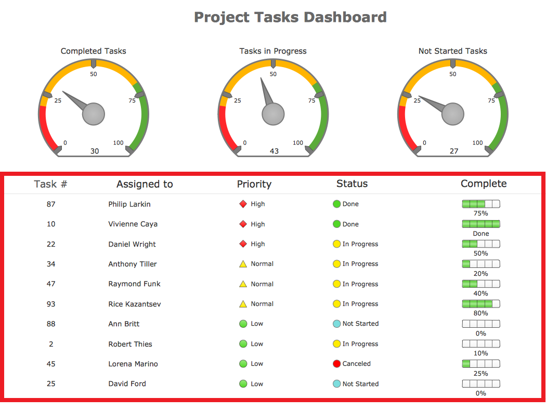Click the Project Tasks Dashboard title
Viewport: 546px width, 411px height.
[290, 17]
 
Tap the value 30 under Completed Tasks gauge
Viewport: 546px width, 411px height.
[95, 151]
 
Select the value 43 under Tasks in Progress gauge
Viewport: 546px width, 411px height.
[274, 151]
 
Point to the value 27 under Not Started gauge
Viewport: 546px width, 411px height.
[454, 151]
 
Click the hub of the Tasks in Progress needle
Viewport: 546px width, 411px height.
[273, 114]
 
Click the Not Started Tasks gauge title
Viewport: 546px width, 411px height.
[452, 51]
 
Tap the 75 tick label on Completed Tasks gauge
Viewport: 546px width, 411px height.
[132, 101]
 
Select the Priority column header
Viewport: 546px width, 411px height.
[254, 184]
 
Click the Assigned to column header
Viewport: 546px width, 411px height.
[145, 184]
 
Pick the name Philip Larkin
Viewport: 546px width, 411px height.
[129, 204]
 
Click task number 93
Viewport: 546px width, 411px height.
[51, 304]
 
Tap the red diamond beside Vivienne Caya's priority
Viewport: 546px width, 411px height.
[243, 224]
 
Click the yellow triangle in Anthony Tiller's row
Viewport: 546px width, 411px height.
[243, 264]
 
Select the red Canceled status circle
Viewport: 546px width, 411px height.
[336, 364]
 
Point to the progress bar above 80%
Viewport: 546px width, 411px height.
[481, 304]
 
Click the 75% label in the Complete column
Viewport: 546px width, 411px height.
[481, 213]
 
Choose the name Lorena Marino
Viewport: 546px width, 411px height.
[133, 364]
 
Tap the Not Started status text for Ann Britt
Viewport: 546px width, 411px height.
[360, 324]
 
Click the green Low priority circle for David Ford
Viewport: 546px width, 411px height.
[243, 384]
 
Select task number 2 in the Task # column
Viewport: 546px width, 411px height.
[51, 344]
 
